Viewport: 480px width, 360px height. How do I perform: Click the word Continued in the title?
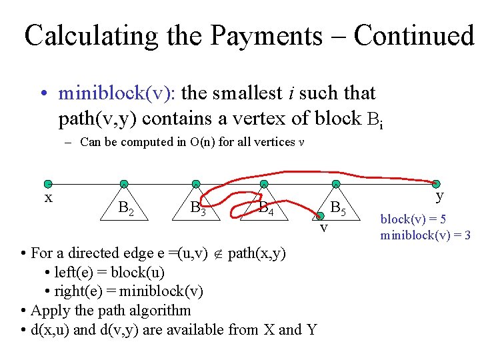(x=413, y=36)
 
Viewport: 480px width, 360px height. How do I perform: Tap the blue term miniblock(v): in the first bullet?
(x=117, y=93)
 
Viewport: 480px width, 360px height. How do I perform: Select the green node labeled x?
(x=47, y=184)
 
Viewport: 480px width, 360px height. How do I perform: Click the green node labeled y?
(x=436, y=184)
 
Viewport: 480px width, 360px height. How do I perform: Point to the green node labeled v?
(x=320, y=215)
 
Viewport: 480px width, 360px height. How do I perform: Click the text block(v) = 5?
(x=413, y=219)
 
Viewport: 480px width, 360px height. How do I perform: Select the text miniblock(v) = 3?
(x=425, y=235)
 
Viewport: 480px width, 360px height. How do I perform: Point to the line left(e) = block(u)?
(x=105, y=272)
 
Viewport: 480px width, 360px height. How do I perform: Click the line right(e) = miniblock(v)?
(x=124, y=291)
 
